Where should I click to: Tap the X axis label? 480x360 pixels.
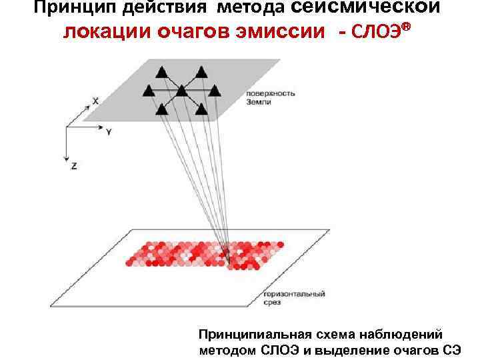(95, 101)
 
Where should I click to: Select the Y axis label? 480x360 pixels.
(109, 132)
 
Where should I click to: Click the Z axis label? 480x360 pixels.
(73, 165)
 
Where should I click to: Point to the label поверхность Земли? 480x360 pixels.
(270, 97)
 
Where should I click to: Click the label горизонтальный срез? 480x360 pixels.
(294, 297)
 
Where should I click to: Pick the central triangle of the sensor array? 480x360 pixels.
(181, 90)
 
